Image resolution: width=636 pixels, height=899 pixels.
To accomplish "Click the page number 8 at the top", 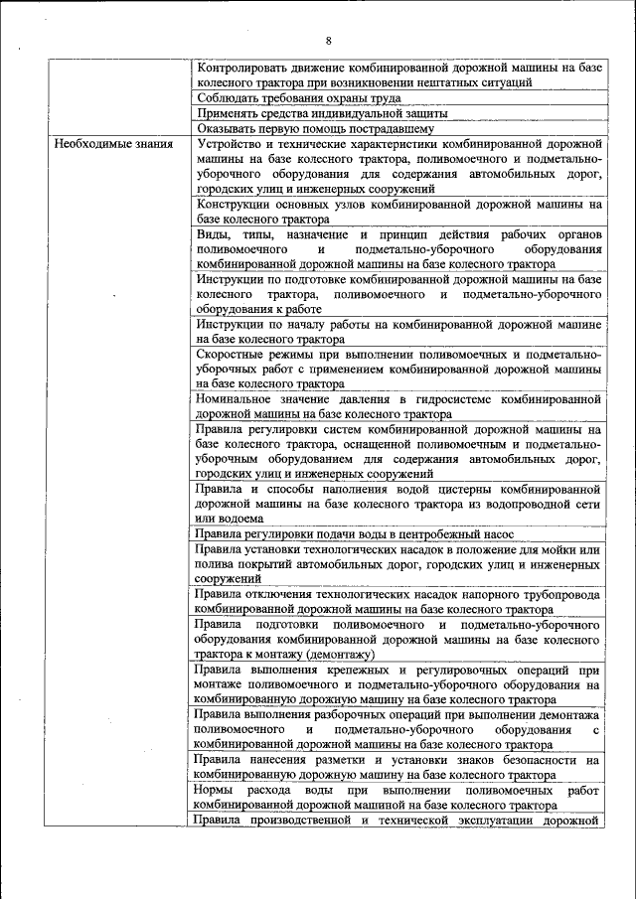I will [x=328, y=40].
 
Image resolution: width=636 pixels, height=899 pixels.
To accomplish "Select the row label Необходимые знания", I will [x=114, y=144].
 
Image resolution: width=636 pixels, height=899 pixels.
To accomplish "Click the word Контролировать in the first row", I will [x=240, y=68].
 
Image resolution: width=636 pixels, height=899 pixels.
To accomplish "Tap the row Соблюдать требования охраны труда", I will [x=298, y=98].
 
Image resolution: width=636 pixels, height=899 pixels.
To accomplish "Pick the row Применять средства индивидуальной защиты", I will [x=302, y=113].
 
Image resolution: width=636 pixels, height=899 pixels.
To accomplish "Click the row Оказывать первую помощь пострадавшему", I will [x=315, y=128].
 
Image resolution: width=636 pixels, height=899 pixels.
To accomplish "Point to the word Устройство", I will [x=229, y=144].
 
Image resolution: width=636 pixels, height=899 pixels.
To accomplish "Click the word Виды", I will [x=212, y=234].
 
